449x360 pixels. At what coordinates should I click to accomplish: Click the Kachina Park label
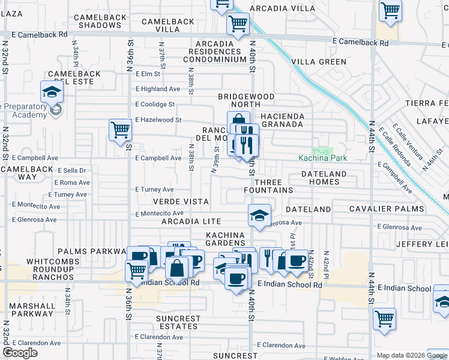(x=323, y=158)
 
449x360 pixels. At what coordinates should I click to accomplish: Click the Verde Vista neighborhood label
(x=181, y=202)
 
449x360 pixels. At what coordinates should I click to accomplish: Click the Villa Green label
(x=319, y=61)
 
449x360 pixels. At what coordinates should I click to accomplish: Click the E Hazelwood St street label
(x=158, y=120)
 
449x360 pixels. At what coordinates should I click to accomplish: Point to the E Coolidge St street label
(x=154, y=104)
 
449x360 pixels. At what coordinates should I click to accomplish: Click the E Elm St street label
(x=148, y=74)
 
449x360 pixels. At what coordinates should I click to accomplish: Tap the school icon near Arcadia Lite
(x=259, y=216)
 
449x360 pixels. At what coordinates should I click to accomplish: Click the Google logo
(x=20, y=353)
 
